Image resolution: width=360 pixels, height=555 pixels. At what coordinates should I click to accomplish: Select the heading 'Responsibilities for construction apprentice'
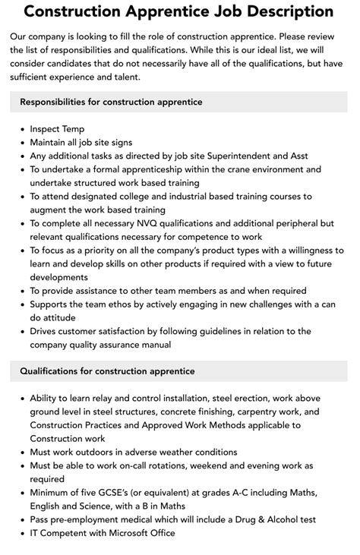pyautogui.click(x=111, y=101)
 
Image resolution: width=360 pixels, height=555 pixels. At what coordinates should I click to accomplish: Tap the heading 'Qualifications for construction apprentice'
pyautogui.click(x=108, y=371)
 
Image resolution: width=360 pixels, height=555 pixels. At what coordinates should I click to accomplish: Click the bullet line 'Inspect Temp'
pyautogui.click(x=57, y=129)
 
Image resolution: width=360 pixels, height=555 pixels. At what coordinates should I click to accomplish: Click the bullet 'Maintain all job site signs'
pyautogui.click(x=81, y=142)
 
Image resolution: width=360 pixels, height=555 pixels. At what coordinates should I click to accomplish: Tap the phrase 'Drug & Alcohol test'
pyautogui.click(x=268, y=519)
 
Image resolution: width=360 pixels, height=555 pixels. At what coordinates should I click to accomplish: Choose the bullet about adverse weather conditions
pyautogui.click(x=134, y=452)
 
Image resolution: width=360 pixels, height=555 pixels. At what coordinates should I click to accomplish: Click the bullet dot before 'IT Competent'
pyautogui.click(x=21, y=533)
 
